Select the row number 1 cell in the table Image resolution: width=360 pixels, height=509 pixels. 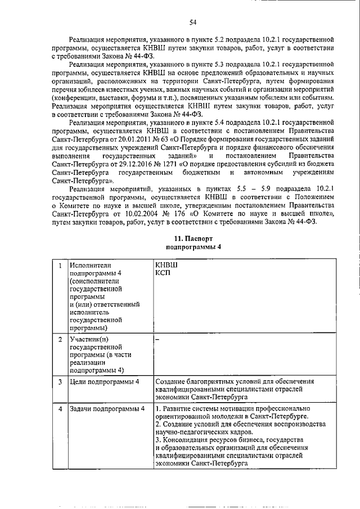60,265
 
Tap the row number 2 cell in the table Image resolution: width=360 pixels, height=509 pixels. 60,340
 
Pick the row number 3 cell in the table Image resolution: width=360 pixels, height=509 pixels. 60,382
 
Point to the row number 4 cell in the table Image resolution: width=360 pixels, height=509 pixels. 60,408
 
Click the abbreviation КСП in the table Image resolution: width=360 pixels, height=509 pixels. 163,273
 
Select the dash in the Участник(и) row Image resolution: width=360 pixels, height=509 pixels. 157,340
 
